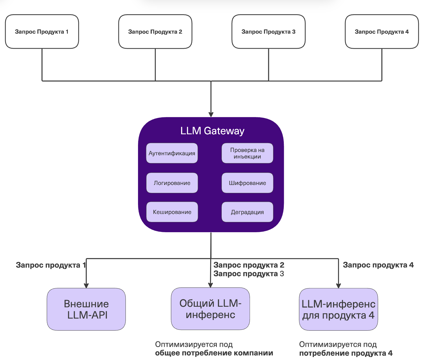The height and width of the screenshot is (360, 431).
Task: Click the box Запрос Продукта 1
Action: click(42, 32)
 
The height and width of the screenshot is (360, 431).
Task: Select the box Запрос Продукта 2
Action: click(155, 32)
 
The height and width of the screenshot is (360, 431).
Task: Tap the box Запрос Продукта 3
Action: click(269, 32)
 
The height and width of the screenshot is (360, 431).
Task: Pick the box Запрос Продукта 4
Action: click(382, 32)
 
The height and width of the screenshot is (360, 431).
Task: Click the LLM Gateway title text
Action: click(212, 131)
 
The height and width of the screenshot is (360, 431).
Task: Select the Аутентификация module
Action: click(172, 153)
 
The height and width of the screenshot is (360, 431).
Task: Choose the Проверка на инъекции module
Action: click(247, 153)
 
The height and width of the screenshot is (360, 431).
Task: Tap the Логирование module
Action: click(172, 183)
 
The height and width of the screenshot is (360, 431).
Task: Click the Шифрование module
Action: click(247, 183)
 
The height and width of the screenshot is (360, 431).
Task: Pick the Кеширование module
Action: click(172, 212)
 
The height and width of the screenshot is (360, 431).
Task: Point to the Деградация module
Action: click(247, 212)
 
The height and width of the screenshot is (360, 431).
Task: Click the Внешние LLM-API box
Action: click(86, 309)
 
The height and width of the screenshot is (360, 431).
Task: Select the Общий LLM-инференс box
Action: click(210, 309)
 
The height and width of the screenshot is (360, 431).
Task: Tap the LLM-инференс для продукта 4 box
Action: click(338, 309)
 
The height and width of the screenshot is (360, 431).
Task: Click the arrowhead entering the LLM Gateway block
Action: click(211, 115)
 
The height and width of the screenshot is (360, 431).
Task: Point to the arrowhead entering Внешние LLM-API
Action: click(86, 285)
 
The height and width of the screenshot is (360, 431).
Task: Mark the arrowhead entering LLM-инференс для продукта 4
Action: click(338, 286)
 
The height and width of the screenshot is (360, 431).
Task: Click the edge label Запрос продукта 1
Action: click(51, 265)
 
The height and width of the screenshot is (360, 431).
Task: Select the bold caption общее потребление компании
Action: click(214, 353)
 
